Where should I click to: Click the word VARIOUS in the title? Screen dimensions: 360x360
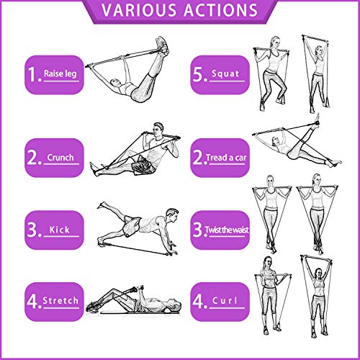tap(138, 11)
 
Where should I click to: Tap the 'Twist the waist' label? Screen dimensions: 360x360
tap(227, 230)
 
